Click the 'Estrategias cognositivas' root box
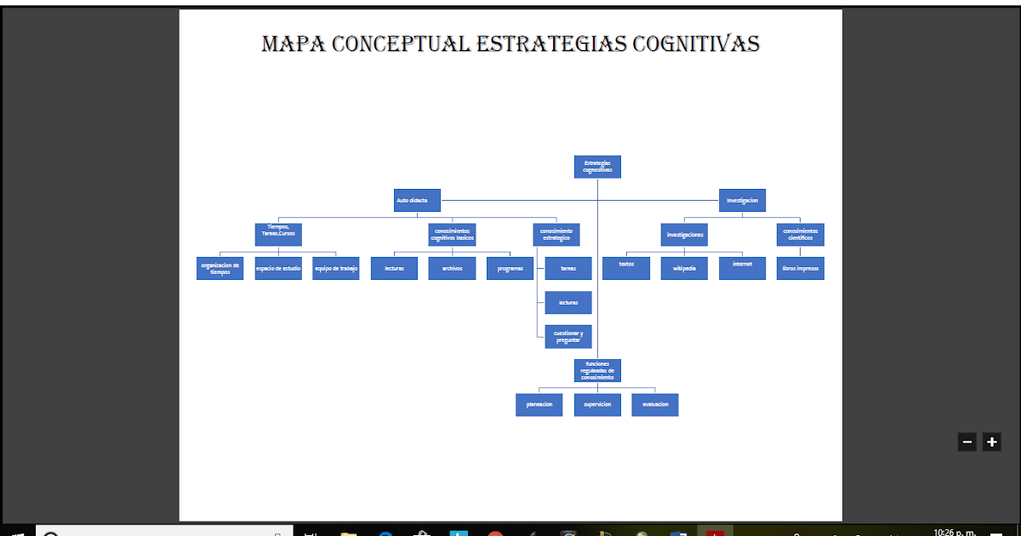click(597, 167)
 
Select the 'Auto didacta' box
click(417, 201)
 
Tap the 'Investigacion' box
click(742, 201)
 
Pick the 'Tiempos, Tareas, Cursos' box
click(278, 234)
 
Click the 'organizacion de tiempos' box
click(220, 268)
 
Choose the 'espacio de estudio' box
click(278, 268)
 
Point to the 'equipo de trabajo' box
click(336, 268)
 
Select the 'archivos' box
click(452, 268)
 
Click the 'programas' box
click(510, 268)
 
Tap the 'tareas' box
click(568, 268)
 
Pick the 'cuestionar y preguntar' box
click(568, 337)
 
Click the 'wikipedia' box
click(684, 268)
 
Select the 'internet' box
click(742, 268)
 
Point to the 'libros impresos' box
click(801, 268)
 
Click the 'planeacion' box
click(539, 405)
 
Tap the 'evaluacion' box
click(655, 405)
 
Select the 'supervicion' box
click(597, 405)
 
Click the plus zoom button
click(991, 442)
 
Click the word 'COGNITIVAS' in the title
click(695, 43)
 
